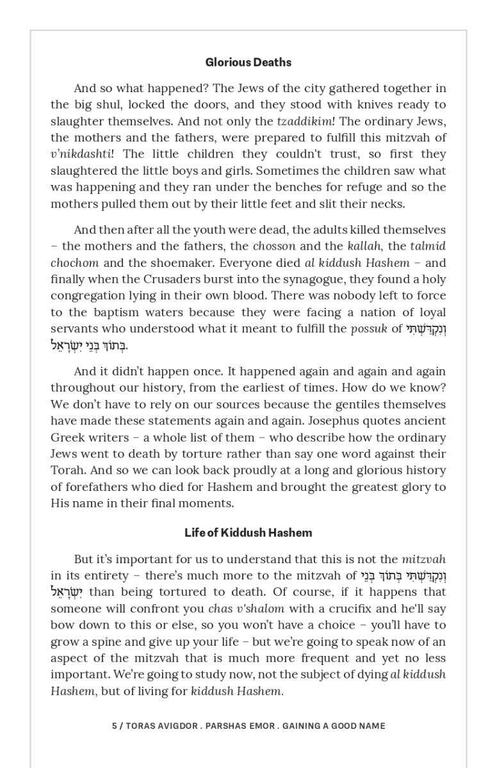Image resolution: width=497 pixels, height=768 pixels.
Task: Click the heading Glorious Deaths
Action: [x=248, y=62]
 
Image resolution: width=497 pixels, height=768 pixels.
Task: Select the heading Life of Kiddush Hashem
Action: [x=248, y=532]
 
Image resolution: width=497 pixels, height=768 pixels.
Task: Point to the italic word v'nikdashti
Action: [x=81, y=154]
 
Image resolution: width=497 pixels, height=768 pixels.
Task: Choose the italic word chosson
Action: [x=274, y=246]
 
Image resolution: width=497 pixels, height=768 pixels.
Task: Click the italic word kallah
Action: [x=363, y=246]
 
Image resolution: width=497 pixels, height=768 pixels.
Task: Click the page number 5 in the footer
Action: [x=115, y=726]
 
